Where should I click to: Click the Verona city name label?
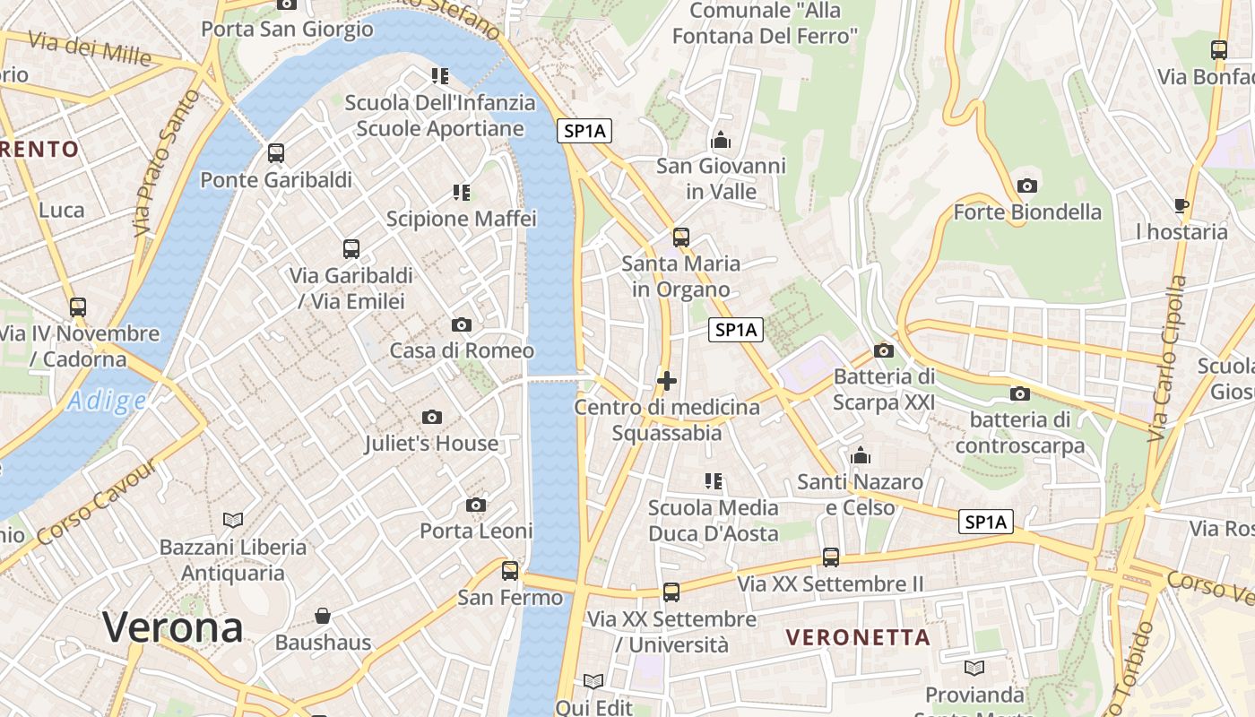pos(172,626)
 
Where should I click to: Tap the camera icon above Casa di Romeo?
pos(462,324)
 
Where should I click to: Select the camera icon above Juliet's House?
pos(432,417)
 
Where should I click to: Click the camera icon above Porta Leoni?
pos(476,505)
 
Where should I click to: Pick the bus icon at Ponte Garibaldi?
pos(276,153)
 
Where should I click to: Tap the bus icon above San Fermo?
pos(510,570)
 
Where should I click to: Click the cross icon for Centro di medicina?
pos(666,381)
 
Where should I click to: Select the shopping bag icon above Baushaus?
pos(323,616)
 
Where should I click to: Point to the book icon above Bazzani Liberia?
pos(233,520)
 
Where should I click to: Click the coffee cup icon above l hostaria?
pos(1181,205)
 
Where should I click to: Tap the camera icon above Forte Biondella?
pos(1027,186)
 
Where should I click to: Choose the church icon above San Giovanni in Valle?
pos(721,140)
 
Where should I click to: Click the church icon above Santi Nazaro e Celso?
pos(861,455)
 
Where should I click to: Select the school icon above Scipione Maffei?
pos(462,192)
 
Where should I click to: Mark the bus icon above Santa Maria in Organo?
pos(681,238)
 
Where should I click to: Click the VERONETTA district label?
pos(858,637)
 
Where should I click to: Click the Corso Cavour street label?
pos(99,503)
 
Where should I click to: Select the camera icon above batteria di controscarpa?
pos(1019,393)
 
